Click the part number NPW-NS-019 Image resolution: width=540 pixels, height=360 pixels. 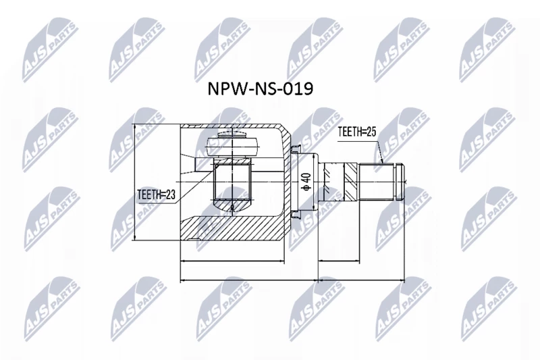pos(261,89)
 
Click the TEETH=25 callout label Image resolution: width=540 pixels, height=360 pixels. pos(357,132)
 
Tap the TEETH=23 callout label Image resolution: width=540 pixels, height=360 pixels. pos(157,195)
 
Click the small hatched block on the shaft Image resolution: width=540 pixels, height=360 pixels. pos(351,182)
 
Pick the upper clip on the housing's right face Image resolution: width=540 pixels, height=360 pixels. pos(296,149)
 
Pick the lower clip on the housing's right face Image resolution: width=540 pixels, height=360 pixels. pos(296,214)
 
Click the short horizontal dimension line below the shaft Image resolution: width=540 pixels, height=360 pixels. pos(340,261)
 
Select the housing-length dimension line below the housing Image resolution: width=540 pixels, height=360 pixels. pos(232,261)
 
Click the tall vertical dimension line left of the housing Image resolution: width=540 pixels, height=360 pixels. pos(135,182)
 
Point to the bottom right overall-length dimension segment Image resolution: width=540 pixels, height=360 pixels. pos(361,281)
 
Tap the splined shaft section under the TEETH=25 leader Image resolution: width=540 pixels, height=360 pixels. pos(377,182)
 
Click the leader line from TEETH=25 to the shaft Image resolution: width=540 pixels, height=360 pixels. pos(380,149)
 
